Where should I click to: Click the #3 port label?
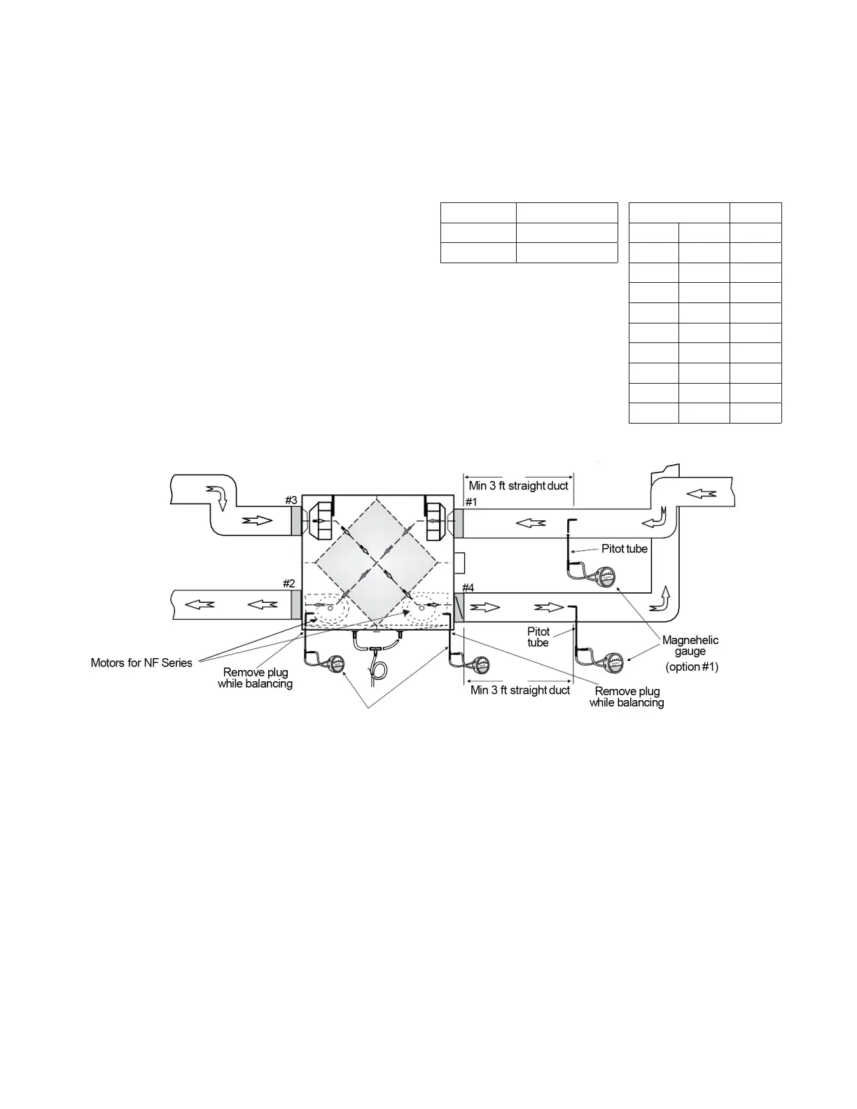(291, 500)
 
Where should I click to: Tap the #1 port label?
(471, 502)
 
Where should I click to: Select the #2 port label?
(289, 583)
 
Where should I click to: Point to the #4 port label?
(468, 587)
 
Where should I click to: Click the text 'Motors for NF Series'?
(141, 662)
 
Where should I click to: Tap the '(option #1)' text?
(692, 667)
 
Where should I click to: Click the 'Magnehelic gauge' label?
(690, 646)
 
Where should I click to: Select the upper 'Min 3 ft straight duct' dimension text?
(519, 485)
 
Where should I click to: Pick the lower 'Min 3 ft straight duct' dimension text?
(520, 690)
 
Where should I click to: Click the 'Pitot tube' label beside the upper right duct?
(625, 549)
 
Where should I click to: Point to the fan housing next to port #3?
(320, 522)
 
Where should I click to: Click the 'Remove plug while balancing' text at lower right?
(627, 697)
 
